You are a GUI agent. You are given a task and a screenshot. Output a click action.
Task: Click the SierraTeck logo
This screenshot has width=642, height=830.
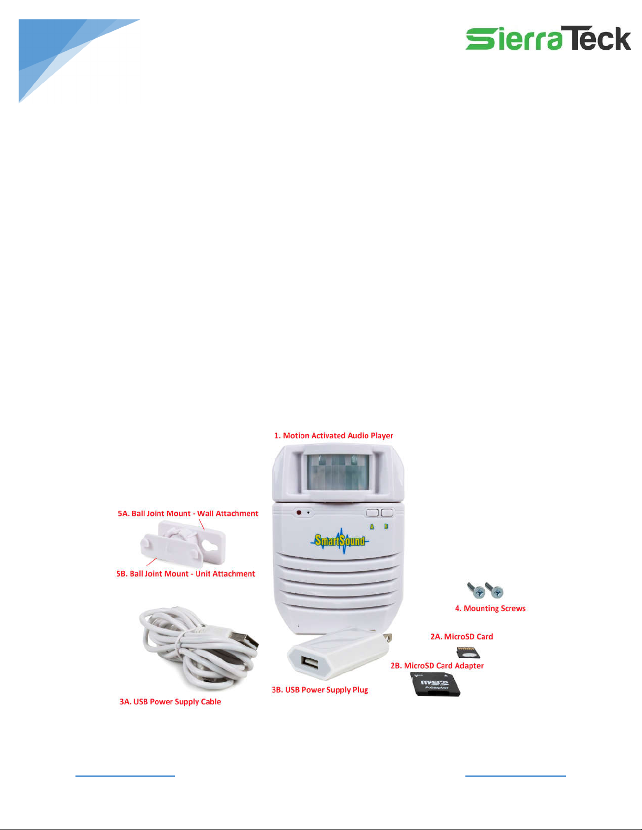548,38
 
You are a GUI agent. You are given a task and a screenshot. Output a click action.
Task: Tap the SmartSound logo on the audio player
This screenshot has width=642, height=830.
340,541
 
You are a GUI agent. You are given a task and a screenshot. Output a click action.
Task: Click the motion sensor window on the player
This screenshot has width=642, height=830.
338,472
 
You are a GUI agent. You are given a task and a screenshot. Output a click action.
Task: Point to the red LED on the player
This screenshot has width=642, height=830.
299,512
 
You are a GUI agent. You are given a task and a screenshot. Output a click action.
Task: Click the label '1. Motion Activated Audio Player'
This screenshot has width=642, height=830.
334,436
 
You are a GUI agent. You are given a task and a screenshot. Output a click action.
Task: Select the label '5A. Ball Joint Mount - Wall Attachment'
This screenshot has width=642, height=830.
188,513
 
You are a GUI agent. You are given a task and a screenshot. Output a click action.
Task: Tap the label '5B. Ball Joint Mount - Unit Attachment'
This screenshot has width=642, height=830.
186,574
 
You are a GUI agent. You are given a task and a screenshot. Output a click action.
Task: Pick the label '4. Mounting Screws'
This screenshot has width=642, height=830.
491,608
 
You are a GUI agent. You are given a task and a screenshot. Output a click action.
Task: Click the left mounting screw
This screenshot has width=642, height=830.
476,590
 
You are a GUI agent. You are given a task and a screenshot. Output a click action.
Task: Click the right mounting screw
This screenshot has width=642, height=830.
494,590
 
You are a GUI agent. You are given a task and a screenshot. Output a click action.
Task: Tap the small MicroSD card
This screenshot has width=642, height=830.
469,652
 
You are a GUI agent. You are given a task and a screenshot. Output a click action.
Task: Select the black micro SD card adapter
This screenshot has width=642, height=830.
436,684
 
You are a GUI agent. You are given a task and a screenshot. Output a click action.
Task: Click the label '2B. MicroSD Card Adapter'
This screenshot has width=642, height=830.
437,666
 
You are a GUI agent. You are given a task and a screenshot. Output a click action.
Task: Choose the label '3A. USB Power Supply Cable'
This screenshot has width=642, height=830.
170,702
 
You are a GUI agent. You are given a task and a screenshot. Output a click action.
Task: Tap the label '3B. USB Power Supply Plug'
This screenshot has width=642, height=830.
320,690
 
